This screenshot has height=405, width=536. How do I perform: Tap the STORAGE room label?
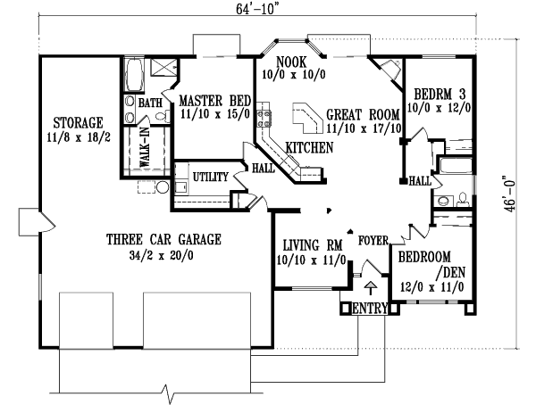(x=78, y=121)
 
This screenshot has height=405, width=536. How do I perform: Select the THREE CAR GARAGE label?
(x=163, y=239)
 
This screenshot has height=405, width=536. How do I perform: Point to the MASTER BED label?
(x=214, y=100)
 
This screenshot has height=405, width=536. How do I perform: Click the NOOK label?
(x=291, y=61)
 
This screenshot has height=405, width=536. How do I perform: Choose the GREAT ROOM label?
(x=361, y=114)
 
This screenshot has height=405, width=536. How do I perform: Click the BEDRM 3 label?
(x=435, y=93)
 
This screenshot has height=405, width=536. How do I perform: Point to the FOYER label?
(x=372, y=240)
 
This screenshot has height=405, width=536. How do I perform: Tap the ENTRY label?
(x=371, y=309)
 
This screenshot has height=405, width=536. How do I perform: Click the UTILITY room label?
(x=211, y=177)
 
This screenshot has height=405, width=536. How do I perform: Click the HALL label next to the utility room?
(x=264, y=167)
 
